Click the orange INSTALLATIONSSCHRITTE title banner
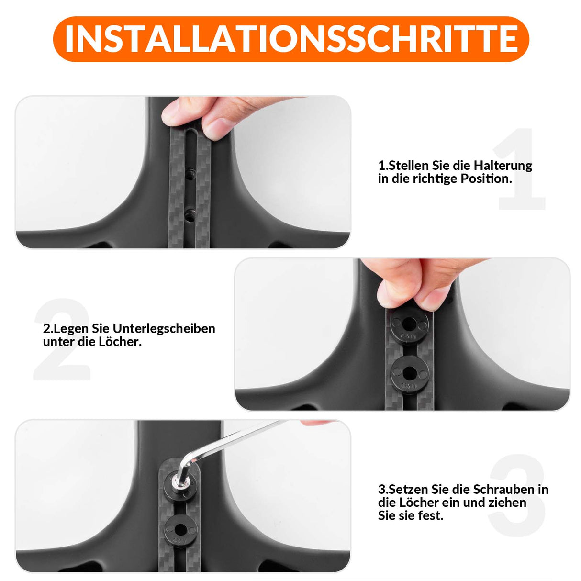tap(290, 39)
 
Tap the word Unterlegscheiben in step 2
tap(164, 329)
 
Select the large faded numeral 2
tap(62, 340)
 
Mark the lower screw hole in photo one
tap(190, 213)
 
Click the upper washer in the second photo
tap(409, 327)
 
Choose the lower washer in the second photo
tap(409, 374)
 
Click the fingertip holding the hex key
tap(316, 423)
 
